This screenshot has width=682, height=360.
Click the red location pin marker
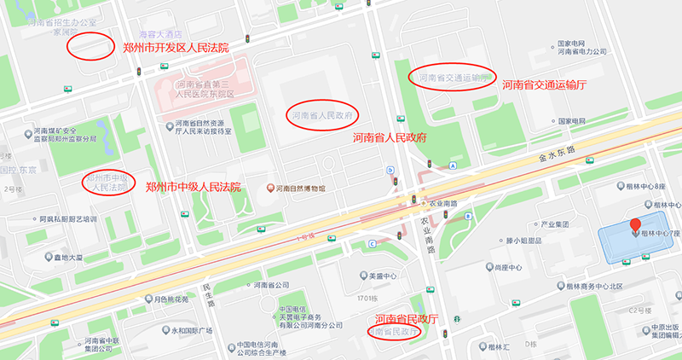(x=634, y=226)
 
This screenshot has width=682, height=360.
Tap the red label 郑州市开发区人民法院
(x=176, y=47)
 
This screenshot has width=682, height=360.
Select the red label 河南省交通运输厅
(x=545, y=84)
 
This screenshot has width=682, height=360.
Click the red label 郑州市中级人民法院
(x=194, y=187)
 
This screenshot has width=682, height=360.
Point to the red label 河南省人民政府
(x=390, y=137)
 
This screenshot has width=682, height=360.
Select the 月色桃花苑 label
(x=170, y=299)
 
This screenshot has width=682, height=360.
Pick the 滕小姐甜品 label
(x=517, y=241)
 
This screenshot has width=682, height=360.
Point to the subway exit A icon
(x=454, y=165)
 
